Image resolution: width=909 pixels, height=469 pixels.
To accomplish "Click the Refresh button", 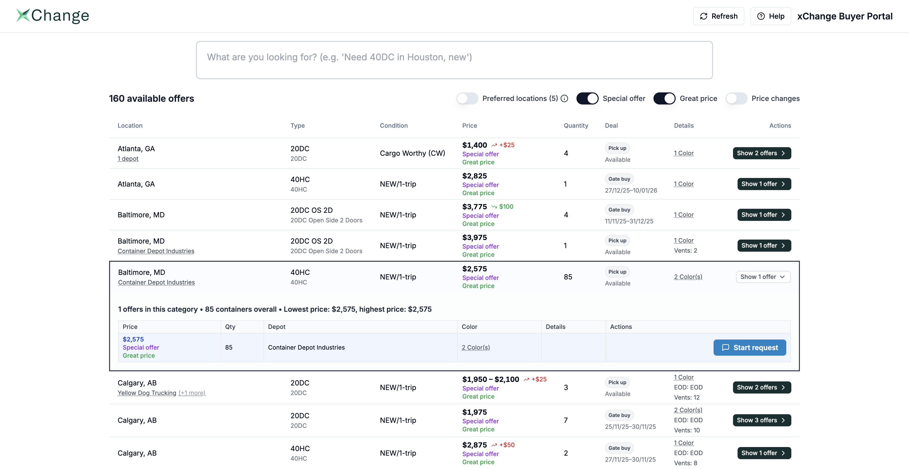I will pos(718,16).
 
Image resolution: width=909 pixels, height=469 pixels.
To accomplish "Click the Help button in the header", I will pos(770,16).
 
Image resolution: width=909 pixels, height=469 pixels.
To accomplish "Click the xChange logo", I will pos(53,16).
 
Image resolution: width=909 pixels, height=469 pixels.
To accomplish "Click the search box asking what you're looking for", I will pos(454,60).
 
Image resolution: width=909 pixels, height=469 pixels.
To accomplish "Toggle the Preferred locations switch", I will pos(467,98).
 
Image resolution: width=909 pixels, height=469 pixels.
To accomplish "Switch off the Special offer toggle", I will pos(587,98).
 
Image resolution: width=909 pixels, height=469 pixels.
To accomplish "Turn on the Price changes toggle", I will pos(736,98).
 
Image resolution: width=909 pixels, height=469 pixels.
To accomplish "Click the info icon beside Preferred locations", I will pos(565,98).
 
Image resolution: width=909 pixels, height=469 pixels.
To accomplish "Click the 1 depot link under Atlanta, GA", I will pos(128,159).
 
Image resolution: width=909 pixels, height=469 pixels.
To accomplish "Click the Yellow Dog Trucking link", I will pos(147,393).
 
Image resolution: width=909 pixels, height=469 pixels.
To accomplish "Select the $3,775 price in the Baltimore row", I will pos(474,207).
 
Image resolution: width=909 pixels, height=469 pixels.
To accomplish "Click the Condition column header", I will pos(393,125).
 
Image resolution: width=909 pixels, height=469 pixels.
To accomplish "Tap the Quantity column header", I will pos(575,125).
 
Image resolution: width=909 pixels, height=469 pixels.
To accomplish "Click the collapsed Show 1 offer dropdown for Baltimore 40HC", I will pos(763,277).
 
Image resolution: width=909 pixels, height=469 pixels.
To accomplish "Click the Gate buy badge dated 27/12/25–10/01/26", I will pos(619,179).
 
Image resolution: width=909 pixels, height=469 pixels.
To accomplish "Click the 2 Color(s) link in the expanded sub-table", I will pos(476,347).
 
